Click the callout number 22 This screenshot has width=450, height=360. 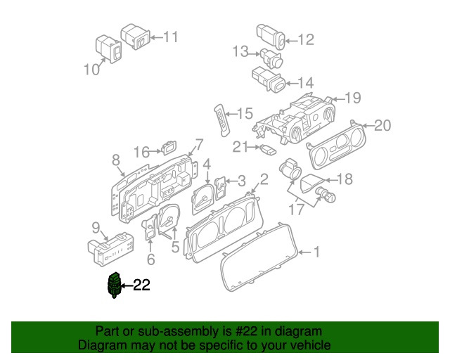141,285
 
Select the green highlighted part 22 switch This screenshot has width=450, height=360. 113,285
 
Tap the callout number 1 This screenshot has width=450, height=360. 316,252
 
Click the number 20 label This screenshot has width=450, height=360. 382,126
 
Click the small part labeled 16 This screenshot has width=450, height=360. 169,148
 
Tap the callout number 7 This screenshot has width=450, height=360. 199,145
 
